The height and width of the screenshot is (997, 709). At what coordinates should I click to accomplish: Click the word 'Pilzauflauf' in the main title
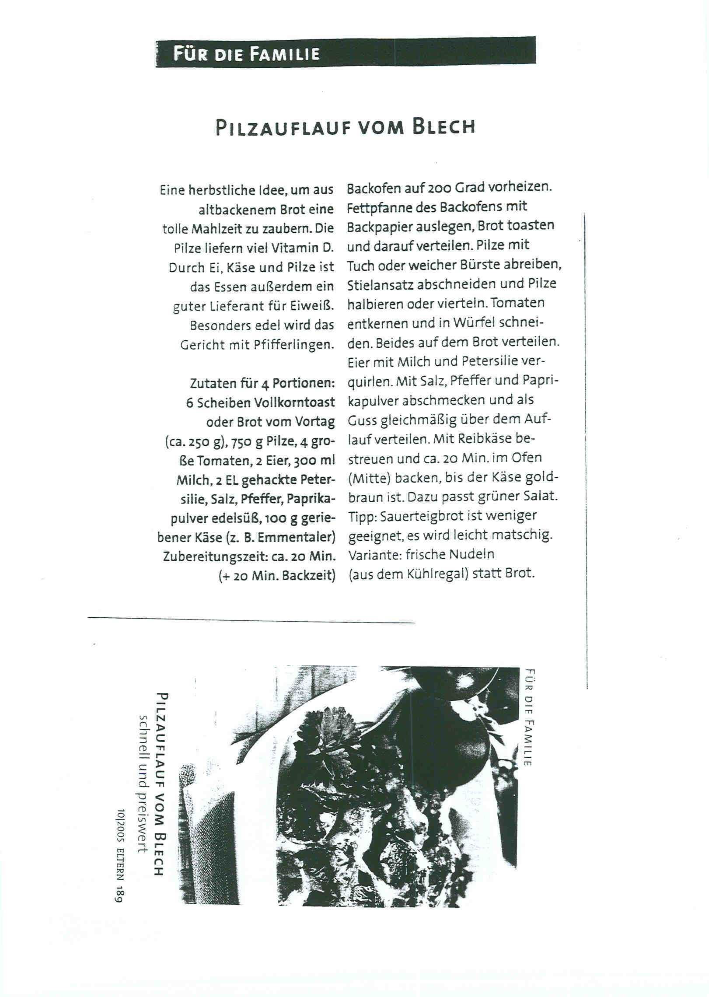pos(281,127)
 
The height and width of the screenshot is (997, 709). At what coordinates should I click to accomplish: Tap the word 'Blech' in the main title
pos(444,127)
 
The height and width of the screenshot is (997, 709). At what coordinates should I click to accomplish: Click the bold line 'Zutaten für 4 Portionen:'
pos(262,383)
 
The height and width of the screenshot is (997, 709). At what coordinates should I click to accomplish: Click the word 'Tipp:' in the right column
pos(362,516)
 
